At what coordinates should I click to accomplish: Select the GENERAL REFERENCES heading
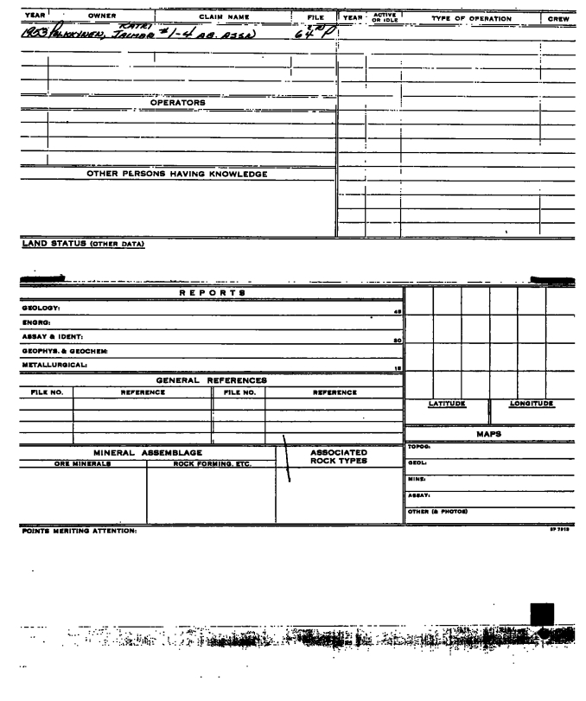click(210, 379)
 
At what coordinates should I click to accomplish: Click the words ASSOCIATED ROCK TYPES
click(338, 456)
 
